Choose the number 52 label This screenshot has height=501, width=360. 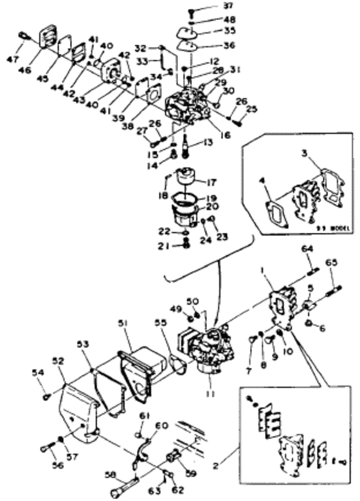coord(59,361)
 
